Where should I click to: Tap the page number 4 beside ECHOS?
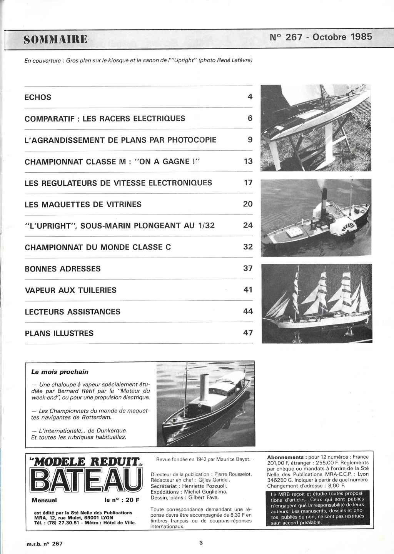[250, 97]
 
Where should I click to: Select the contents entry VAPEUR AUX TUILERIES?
[70, 290]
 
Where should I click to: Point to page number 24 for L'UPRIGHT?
[248, 225]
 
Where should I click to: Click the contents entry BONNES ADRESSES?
[63, 269]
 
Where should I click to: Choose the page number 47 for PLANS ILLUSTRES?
[248, 333]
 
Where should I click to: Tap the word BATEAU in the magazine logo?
[86, 480]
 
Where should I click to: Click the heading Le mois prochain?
[60, 372]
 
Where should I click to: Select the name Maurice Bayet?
[232, 459]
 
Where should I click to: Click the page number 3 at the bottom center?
[201, 543]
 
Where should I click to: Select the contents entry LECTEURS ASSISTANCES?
[72, 312]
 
